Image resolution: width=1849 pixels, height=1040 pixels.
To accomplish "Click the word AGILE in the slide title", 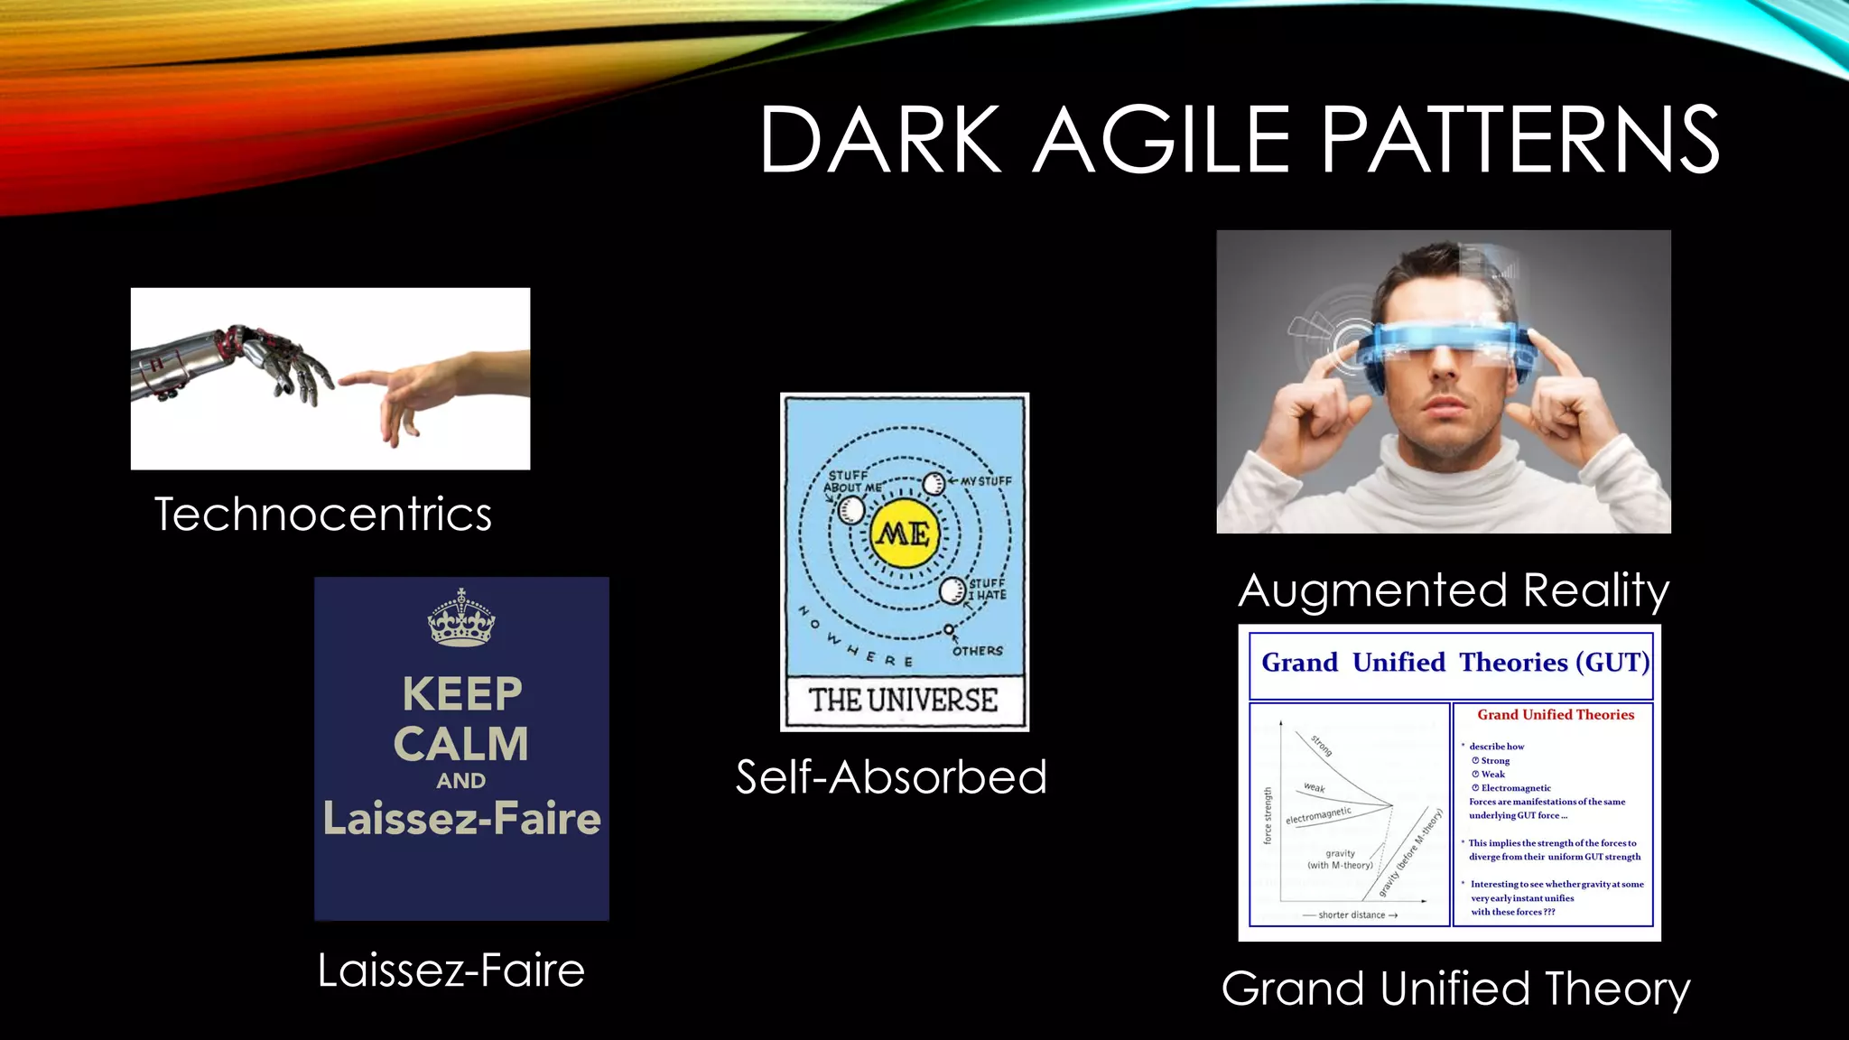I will tap(1163, 139).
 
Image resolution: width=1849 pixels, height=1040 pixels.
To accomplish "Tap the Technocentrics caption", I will tap(323, 515).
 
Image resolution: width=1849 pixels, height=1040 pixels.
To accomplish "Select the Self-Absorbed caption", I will tap(891, 777).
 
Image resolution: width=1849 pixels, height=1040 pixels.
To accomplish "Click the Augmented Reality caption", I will tap(1454, 590).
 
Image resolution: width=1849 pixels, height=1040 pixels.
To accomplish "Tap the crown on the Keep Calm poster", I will tap(461, 618).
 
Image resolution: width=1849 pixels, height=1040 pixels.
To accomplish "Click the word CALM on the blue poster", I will tap(461, 745).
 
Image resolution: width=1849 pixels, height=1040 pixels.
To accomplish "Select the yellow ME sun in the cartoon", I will tap(904, 534).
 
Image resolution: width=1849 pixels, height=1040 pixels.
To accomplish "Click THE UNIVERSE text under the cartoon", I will tap(904, 701).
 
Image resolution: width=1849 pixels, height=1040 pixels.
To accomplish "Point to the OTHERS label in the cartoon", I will tap(977, 651).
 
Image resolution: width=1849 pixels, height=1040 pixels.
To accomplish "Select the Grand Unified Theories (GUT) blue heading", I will tap(1454, 663).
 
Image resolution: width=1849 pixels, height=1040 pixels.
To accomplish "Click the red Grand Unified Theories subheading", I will tap(1556, 715).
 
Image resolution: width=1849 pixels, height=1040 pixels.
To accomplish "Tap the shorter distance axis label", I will tap(1352, 915).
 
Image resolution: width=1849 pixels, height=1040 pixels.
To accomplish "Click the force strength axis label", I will tap(1268, 815).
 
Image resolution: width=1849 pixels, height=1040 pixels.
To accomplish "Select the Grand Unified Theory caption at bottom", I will tap(1455, 989).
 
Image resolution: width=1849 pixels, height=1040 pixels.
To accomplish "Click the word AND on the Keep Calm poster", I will tap(461, 781).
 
